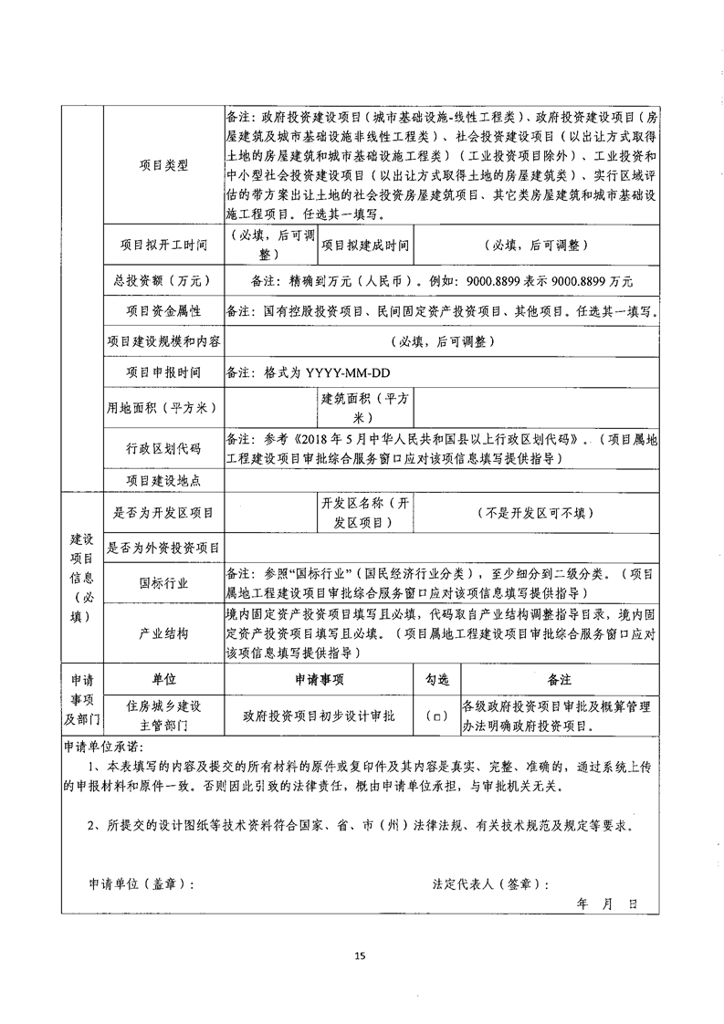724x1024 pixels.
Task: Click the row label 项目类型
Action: (164, 165)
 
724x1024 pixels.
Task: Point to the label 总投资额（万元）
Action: (164, 281)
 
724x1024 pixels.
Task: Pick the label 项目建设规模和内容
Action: (164, 341)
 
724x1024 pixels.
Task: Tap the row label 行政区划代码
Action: (164, 448)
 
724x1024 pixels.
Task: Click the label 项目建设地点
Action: (164, 480)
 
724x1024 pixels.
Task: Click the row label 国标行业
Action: (164, 581)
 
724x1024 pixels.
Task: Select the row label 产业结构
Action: (164, 632)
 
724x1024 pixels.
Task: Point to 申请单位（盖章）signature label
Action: (142, 883)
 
